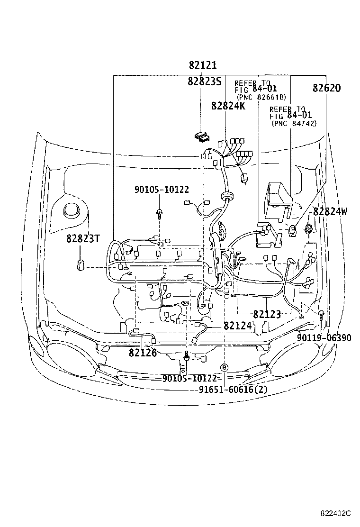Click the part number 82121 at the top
tap(203, 65)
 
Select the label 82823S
tap(205, 81)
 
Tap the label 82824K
tap(228, 106)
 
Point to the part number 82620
tap(326, 88)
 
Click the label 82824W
tap(330, 211)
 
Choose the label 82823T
tap(83, 238)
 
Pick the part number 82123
tap(267, 314)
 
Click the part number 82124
tap(237, 325)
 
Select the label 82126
tap(143, 353)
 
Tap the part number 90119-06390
tap(324, 337)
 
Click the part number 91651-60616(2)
tap(233, 389)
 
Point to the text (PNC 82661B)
tap(261, 97)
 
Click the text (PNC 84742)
tap(294, 123)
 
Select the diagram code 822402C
tap(335, 513)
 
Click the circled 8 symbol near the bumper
tap(225, 367)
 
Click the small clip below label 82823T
tap(80, 264)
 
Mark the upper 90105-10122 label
tap(162, 190)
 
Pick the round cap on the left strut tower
tap(72, 211)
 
